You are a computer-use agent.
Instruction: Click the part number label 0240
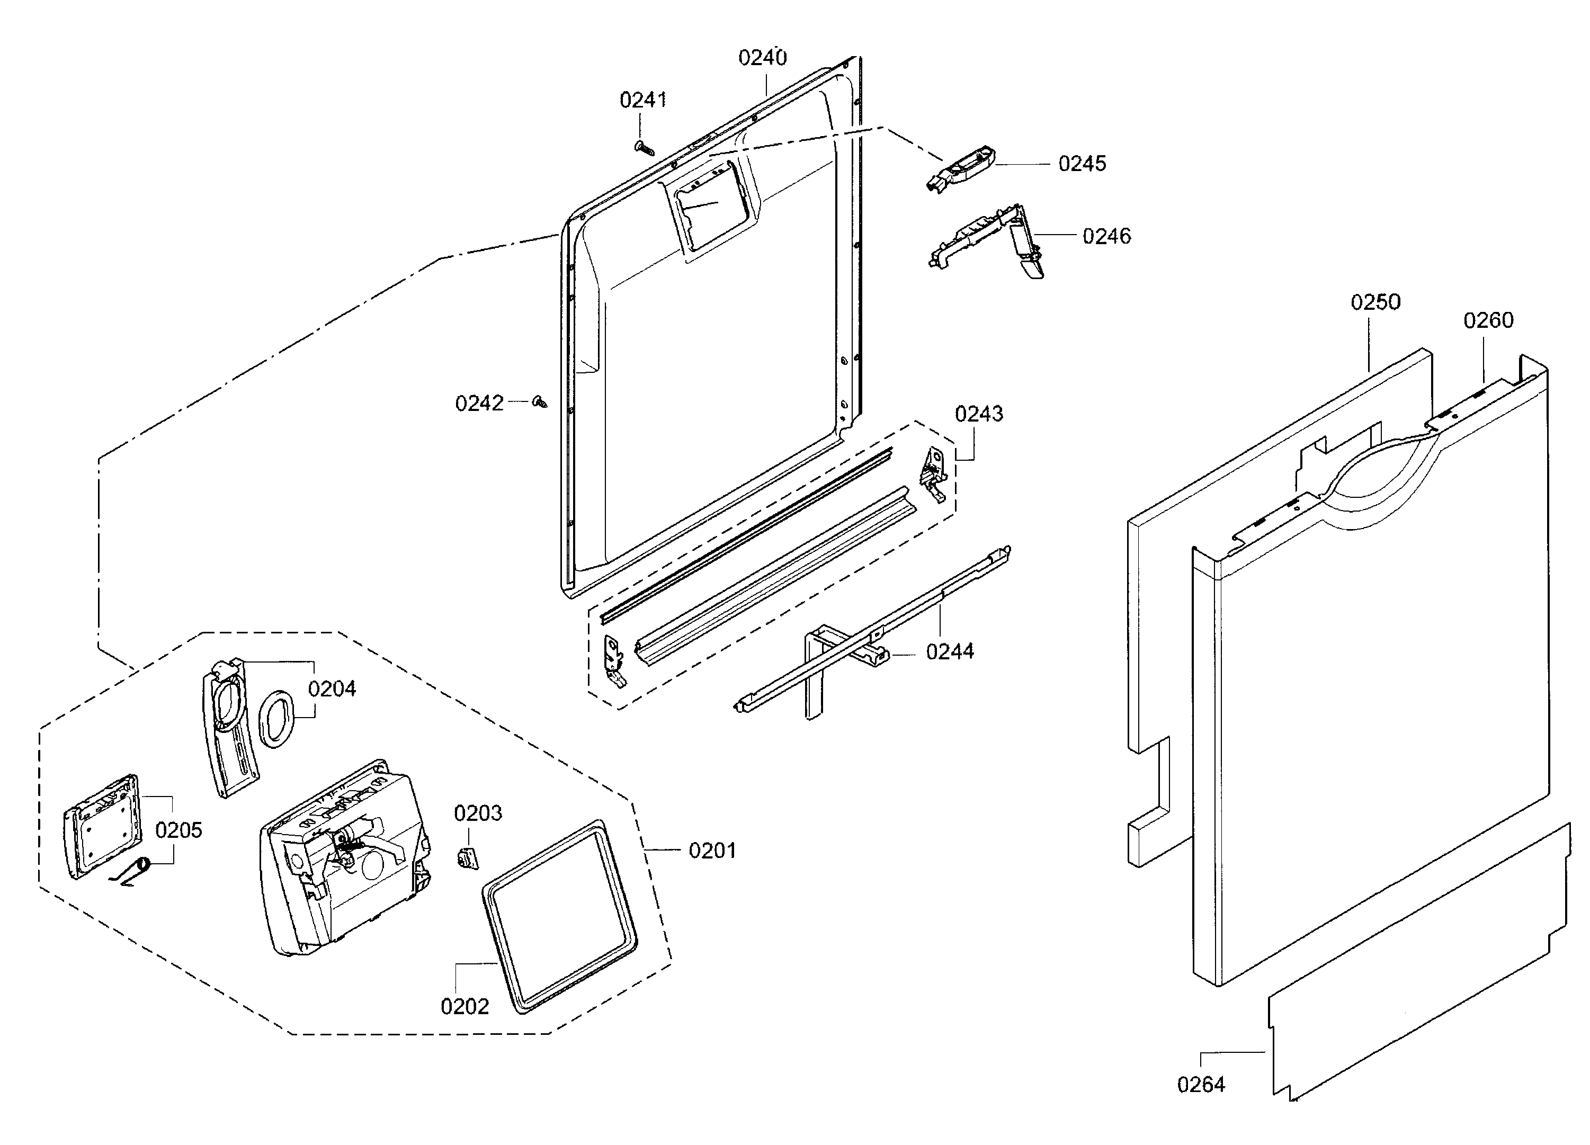[x=762, y=58]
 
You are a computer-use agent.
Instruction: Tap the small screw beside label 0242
[x=540, y=402]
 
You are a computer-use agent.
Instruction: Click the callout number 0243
[x=979, y=414]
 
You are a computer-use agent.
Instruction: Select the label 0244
[x=950, y=652]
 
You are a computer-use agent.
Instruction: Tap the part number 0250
[x=1375, y=303]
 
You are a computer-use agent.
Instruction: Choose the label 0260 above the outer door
[x=1488, y=320]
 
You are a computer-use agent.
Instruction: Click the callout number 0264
[x=1201, y=1085]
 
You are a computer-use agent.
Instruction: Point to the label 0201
[x=712, y=851]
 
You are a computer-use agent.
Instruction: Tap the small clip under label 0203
[x=468, y=857]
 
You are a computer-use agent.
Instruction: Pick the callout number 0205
[x=179, y=830]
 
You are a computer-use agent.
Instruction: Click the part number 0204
[x=332, y=688]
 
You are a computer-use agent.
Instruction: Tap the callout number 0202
[x=464, y=1007]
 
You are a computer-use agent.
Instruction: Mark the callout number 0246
[x=1106, y=236]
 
